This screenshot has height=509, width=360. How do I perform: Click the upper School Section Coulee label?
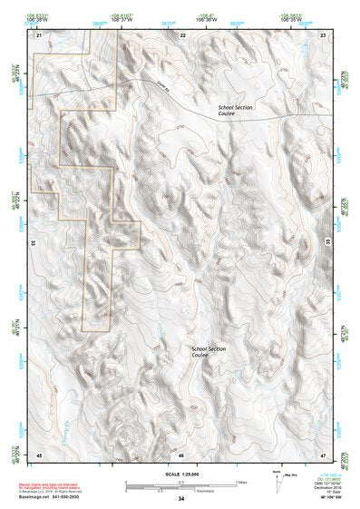tap(235, 111)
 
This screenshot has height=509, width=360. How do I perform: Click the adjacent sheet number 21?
tap(39, 34)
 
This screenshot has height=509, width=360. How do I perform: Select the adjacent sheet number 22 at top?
tap(182, 34)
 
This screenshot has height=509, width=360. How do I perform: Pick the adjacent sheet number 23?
tap(324, 34)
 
